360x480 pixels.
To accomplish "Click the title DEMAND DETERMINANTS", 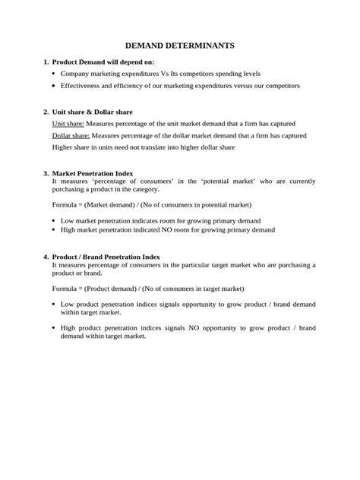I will [x=180, y=46].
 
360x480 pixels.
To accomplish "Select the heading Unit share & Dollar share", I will [x=92, y=112].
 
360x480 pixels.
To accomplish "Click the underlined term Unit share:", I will [x=68, y=123].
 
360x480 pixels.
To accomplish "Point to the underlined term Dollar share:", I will [x=71, y=135].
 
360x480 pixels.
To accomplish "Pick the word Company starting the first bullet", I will [x=78, y=74].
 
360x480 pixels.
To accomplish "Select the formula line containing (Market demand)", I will [x=150, y=205].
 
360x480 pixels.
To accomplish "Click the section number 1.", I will [x=46, y=62].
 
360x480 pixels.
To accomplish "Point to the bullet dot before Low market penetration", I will [x=53, y=221].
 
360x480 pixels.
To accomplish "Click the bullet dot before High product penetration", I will [x=53, y=328].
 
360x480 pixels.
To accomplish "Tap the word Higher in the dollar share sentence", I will [x=64, y=147].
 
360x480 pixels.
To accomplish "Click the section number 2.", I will [x=46, y=112].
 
